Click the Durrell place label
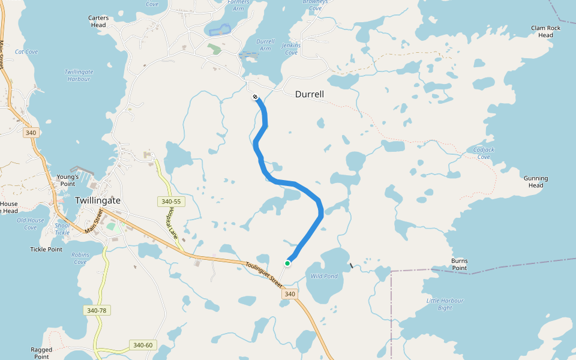pyautogui.click(x=310, y=95)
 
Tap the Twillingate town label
pyautogui.click(x=98, y=200)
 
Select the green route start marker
pyautogui.click(x=287, y=263)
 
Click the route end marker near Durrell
pyautogui.click(x=255, y=97)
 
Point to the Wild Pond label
pyautogui.click(x=324, y=277)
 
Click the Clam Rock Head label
pyautogui.click(x=545, y=32)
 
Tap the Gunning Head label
pyautogui.click(x=536, y=182)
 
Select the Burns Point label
pyautogui.click(x=460, y=265)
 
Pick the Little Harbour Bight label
pyautogui.click(x=443, y=304)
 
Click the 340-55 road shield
pyautogui.click(x=171, y=202)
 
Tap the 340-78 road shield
pyautogui.click(x=97, y=310)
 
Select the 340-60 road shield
pyautogui.click(x=143, y=345)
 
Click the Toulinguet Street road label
pyautogui.click(x=263, y=273)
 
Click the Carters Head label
pyautogui.click(x=98, y=22)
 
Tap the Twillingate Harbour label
pyautogui.click(x=78, y=75)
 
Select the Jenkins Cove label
pyautogui.click(x=291, y=49)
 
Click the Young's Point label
pyautogui.click(x=68, y=180)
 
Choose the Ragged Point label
pyautogui.click(x=41, y=353)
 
